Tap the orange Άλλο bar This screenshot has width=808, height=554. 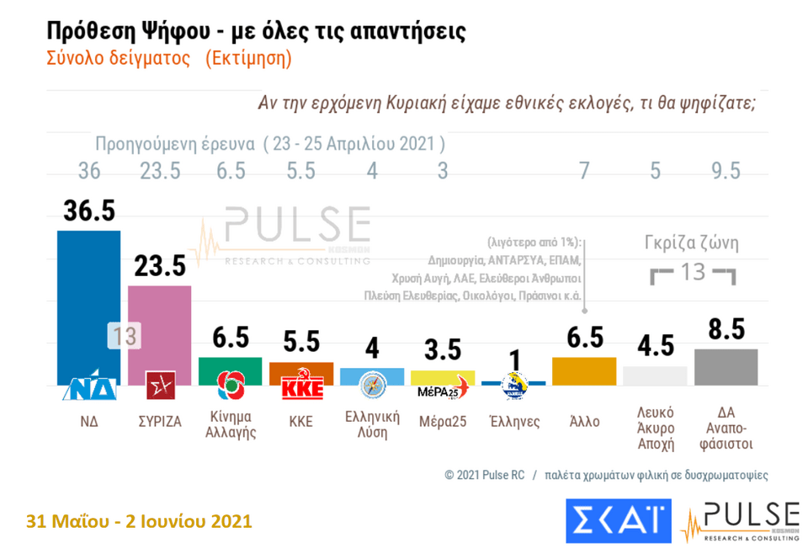click(x=584, y=371)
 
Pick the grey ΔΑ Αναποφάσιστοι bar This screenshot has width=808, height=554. click(x=726, y=366)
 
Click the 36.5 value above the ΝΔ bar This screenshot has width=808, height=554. click(x=88, y=210)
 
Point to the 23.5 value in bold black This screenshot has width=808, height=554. click(x=159, y=266)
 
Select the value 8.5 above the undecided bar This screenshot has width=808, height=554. click(x=726, y=329)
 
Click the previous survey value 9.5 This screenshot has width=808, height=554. click(x=726, y=171)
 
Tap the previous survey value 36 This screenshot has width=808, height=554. click(x=88, y=171)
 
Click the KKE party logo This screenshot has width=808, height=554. click(x=301, y=388)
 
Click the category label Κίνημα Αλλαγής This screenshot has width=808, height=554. click(x=231, y=425)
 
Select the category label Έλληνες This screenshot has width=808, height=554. click(x=513, y=421)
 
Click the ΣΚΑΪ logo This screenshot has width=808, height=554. click(x=619, y=520)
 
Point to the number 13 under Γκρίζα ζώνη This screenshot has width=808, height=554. click(x=693, y=273)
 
